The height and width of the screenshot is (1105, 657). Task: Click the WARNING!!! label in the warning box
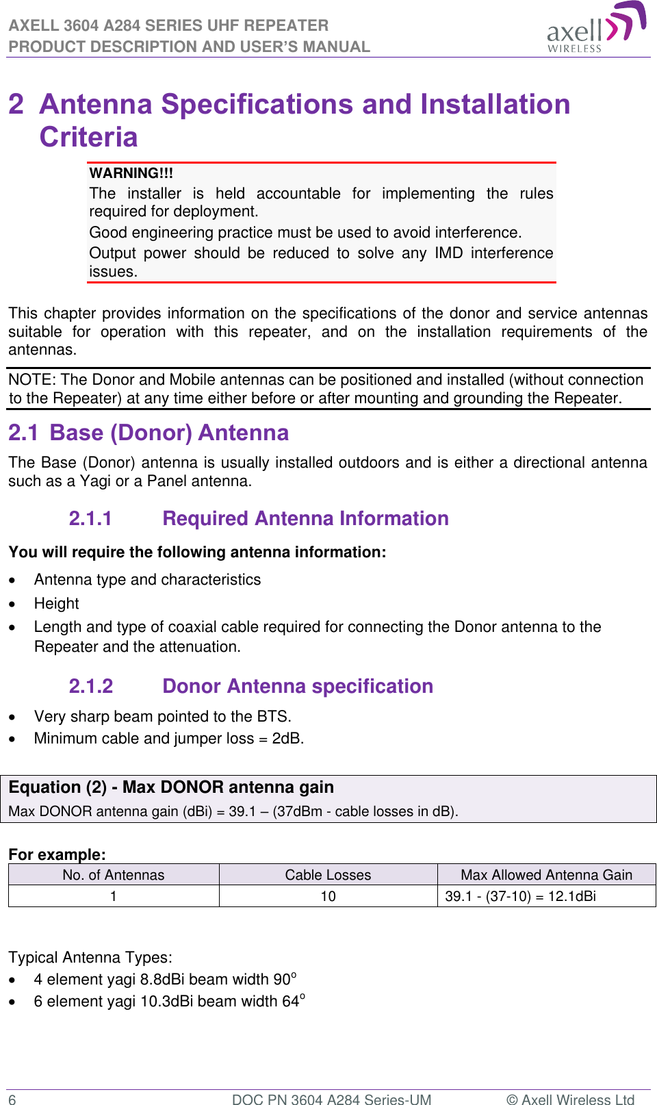[131, 173]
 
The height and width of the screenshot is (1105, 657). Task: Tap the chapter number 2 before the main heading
[16, 105]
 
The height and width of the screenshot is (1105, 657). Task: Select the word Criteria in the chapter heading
[89, 138]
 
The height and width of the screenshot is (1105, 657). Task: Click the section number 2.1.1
[90, 519]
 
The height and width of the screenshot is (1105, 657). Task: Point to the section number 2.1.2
[91, 687]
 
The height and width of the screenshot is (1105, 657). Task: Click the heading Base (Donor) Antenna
[169, 433]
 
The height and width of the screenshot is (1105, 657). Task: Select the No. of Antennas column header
[114, 875]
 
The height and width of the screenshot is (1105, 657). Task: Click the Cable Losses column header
[328, 875]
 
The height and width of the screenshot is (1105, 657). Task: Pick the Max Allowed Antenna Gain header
[546, 875]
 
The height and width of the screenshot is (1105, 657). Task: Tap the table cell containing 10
[328, 896]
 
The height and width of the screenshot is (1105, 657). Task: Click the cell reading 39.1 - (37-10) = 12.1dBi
[520, 896]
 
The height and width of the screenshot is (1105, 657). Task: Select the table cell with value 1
[114, 896]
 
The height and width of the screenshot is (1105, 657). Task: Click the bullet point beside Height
[12, 604]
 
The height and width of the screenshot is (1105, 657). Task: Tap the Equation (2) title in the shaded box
[171, 787]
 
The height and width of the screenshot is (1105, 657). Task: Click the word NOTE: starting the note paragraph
[33, 380]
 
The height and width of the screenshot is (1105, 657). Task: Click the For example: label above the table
[57, 854]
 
